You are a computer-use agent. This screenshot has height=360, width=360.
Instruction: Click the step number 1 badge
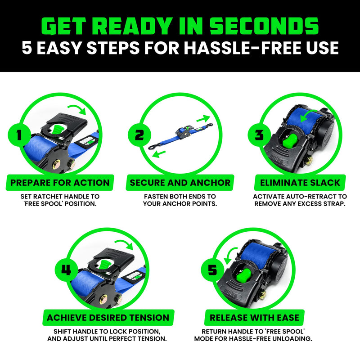point(18,135)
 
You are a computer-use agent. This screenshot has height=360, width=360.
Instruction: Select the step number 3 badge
point(258,135)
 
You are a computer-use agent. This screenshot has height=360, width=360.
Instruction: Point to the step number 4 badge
point(66,270)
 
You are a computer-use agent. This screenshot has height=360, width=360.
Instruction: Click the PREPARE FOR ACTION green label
point(60,183)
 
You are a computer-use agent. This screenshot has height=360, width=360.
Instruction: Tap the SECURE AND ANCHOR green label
point(180,183)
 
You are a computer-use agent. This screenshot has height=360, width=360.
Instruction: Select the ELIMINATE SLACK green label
point(300,183)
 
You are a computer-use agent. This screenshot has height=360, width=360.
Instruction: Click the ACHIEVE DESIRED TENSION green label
point(108,318)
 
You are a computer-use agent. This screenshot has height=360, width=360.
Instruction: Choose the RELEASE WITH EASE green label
point(255,318)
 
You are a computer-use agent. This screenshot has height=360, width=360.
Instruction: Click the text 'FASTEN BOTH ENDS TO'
point(180,197)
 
